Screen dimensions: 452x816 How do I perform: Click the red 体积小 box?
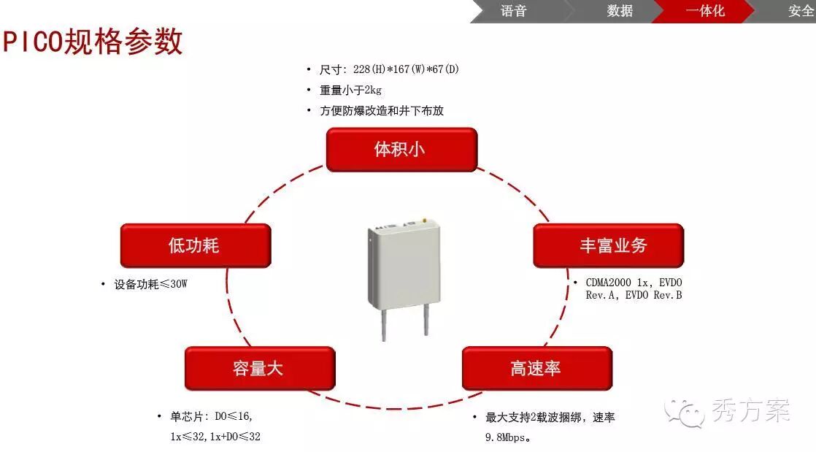click(x=401, y=150)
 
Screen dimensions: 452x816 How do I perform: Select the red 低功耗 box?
click(x=195, y=245)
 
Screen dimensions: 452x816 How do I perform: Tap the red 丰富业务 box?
click(x=608, y=245)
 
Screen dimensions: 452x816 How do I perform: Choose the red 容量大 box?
click(x=259, y=368)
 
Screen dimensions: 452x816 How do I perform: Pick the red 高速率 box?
click(x=536, y=368)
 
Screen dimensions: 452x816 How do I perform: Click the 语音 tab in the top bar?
click(x=514, y=11)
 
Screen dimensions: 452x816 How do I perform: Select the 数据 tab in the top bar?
click(x=620, y=11)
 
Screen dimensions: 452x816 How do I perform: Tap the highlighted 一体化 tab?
click(x=705, y=11)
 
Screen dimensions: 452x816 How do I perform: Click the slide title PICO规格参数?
click(x=93, y=42)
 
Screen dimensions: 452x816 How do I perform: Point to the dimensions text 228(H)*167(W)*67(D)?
click(x=406, y=69)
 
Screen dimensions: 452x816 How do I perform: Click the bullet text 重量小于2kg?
click(x=350, y=90)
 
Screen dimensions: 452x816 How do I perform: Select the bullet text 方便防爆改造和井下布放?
click(x=381, y=111)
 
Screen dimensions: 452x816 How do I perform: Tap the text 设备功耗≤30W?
click(x=150, y=284)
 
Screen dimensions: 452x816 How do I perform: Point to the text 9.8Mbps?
click(x=508, y=438)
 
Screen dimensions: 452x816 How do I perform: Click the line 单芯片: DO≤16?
click(x=212, y=417)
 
